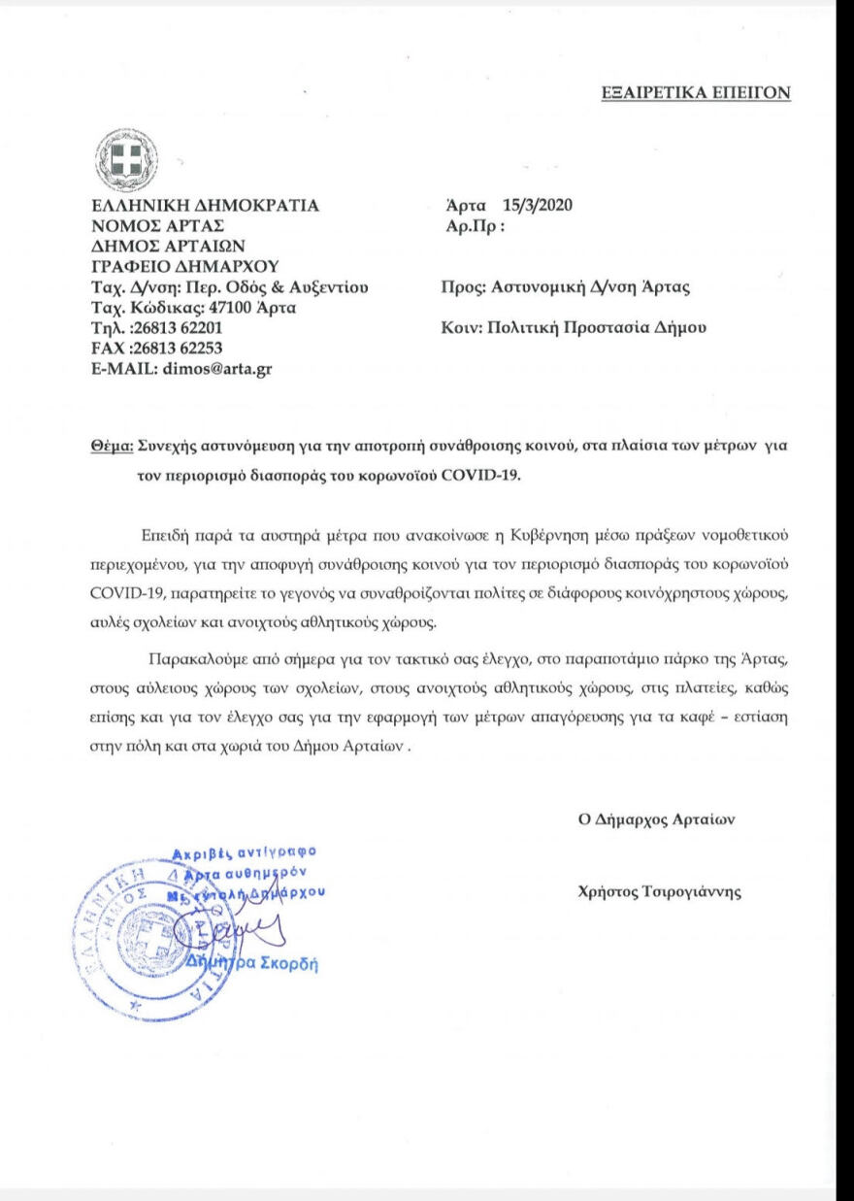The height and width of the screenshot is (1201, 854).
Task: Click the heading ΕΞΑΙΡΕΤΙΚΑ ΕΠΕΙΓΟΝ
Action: [696, 92]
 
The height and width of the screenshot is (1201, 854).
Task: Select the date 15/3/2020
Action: [539, 205]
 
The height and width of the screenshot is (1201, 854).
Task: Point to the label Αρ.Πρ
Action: [471, 225]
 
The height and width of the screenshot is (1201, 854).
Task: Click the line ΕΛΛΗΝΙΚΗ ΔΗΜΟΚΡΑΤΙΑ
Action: [204, 205]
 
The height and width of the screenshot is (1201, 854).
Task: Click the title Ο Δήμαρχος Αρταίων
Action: [657, 818]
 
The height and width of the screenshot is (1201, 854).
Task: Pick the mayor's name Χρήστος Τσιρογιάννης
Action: [659, 893]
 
